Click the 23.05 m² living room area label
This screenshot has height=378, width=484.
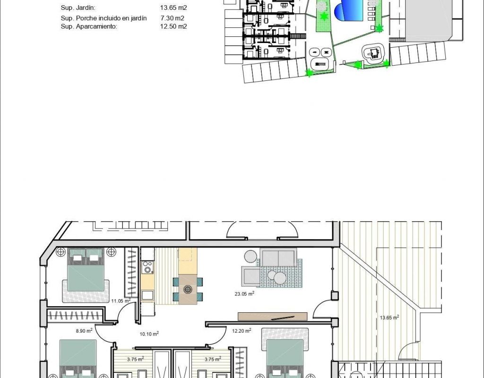point(244,293)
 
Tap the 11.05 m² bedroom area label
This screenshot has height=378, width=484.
point(121,301)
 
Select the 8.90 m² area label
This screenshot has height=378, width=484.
point(84,331)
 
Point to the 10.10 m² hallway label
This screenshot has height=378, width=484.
point(149,334)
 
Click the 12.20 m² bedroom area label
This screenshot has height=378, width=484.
point(242,331)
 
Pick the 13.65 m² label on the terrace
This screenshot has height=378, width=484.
point(389,317)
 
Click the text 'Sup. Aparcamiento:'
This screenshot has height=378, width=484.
point(89,26)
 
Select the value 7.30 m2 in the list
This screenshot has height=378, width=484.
point(172,18)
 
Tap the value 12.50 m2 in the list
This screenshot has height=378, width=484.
point(173,26)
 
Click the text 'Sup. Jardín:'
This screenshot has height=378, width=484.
point(78,8)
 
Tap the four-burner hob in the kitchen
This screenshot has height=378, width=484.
point(147,267)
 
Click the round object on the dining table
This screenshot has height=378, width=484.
point(188,289)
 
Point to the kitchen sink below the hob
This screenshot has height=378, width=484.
point(147,295)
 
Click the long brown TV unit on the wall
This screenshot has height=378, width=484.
point(273,317)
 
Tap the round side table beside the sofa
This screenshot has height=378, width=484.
point(251,256)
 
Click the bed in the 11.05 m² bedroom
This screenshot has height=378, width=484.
point(86,270)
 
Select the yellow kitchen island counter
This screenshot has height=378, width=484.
point(188,261)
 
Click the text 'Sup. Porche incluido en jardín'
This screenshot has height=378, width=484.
point(104,18)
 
